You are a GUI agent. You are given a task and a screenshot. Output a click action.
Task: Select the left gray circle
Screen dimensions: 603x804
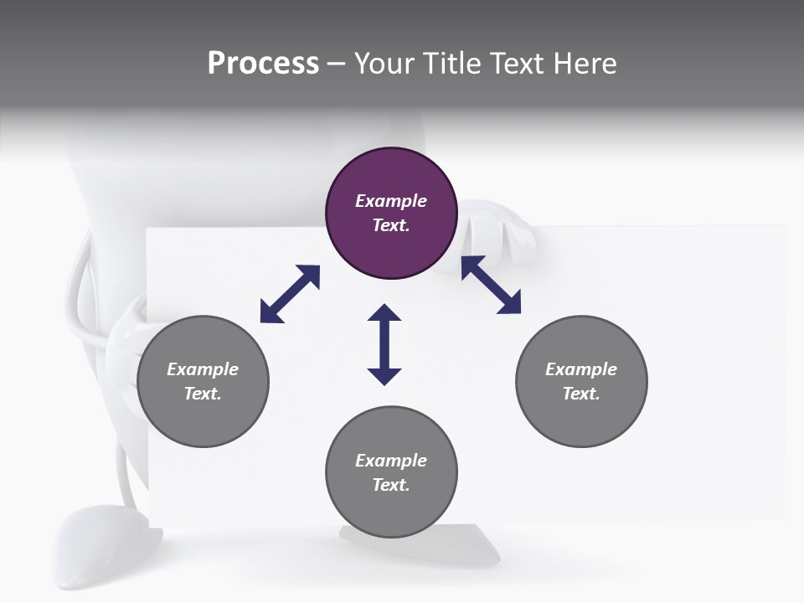coord(203,381)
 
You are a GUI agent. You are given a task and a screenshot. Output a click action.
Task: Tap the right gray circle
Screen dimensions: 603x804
coord(581,381)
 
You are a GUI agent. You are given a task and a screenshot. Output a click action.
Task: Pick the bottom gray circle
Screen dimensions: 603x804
coord(391,472)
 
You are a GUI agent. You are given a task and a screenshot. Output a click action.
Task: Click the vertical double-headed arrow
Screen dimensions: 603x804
coord(384,344)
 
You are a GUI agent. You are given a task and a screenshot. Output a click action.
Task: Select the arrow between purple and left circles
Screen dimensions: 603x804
coord(290,294)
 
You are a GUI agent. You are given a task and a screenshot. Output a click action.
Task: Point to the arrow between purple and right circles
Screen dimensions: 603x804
coord(491,286)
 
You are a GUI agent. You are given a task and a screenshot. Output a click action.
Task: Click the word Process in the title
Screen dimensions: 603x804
coord(263,64)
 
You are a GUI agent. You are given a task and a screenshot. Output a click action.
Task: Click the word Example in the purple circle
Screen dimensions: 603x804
coord(391,201)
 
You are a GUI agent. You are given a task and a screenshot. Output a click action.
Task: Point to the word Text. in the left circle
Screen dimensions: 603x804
coord(203,394)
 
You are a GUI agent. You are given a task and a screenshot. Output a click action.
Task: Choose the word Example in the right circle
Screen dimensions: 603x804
coord(581,369)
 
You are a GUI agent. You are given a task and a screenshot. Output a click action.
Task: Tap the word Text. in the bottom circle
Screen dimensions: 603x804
coord(391,485)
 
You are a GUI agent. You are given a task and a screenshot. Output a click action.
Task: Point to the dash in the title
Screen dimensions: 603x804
coord(337,64)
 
